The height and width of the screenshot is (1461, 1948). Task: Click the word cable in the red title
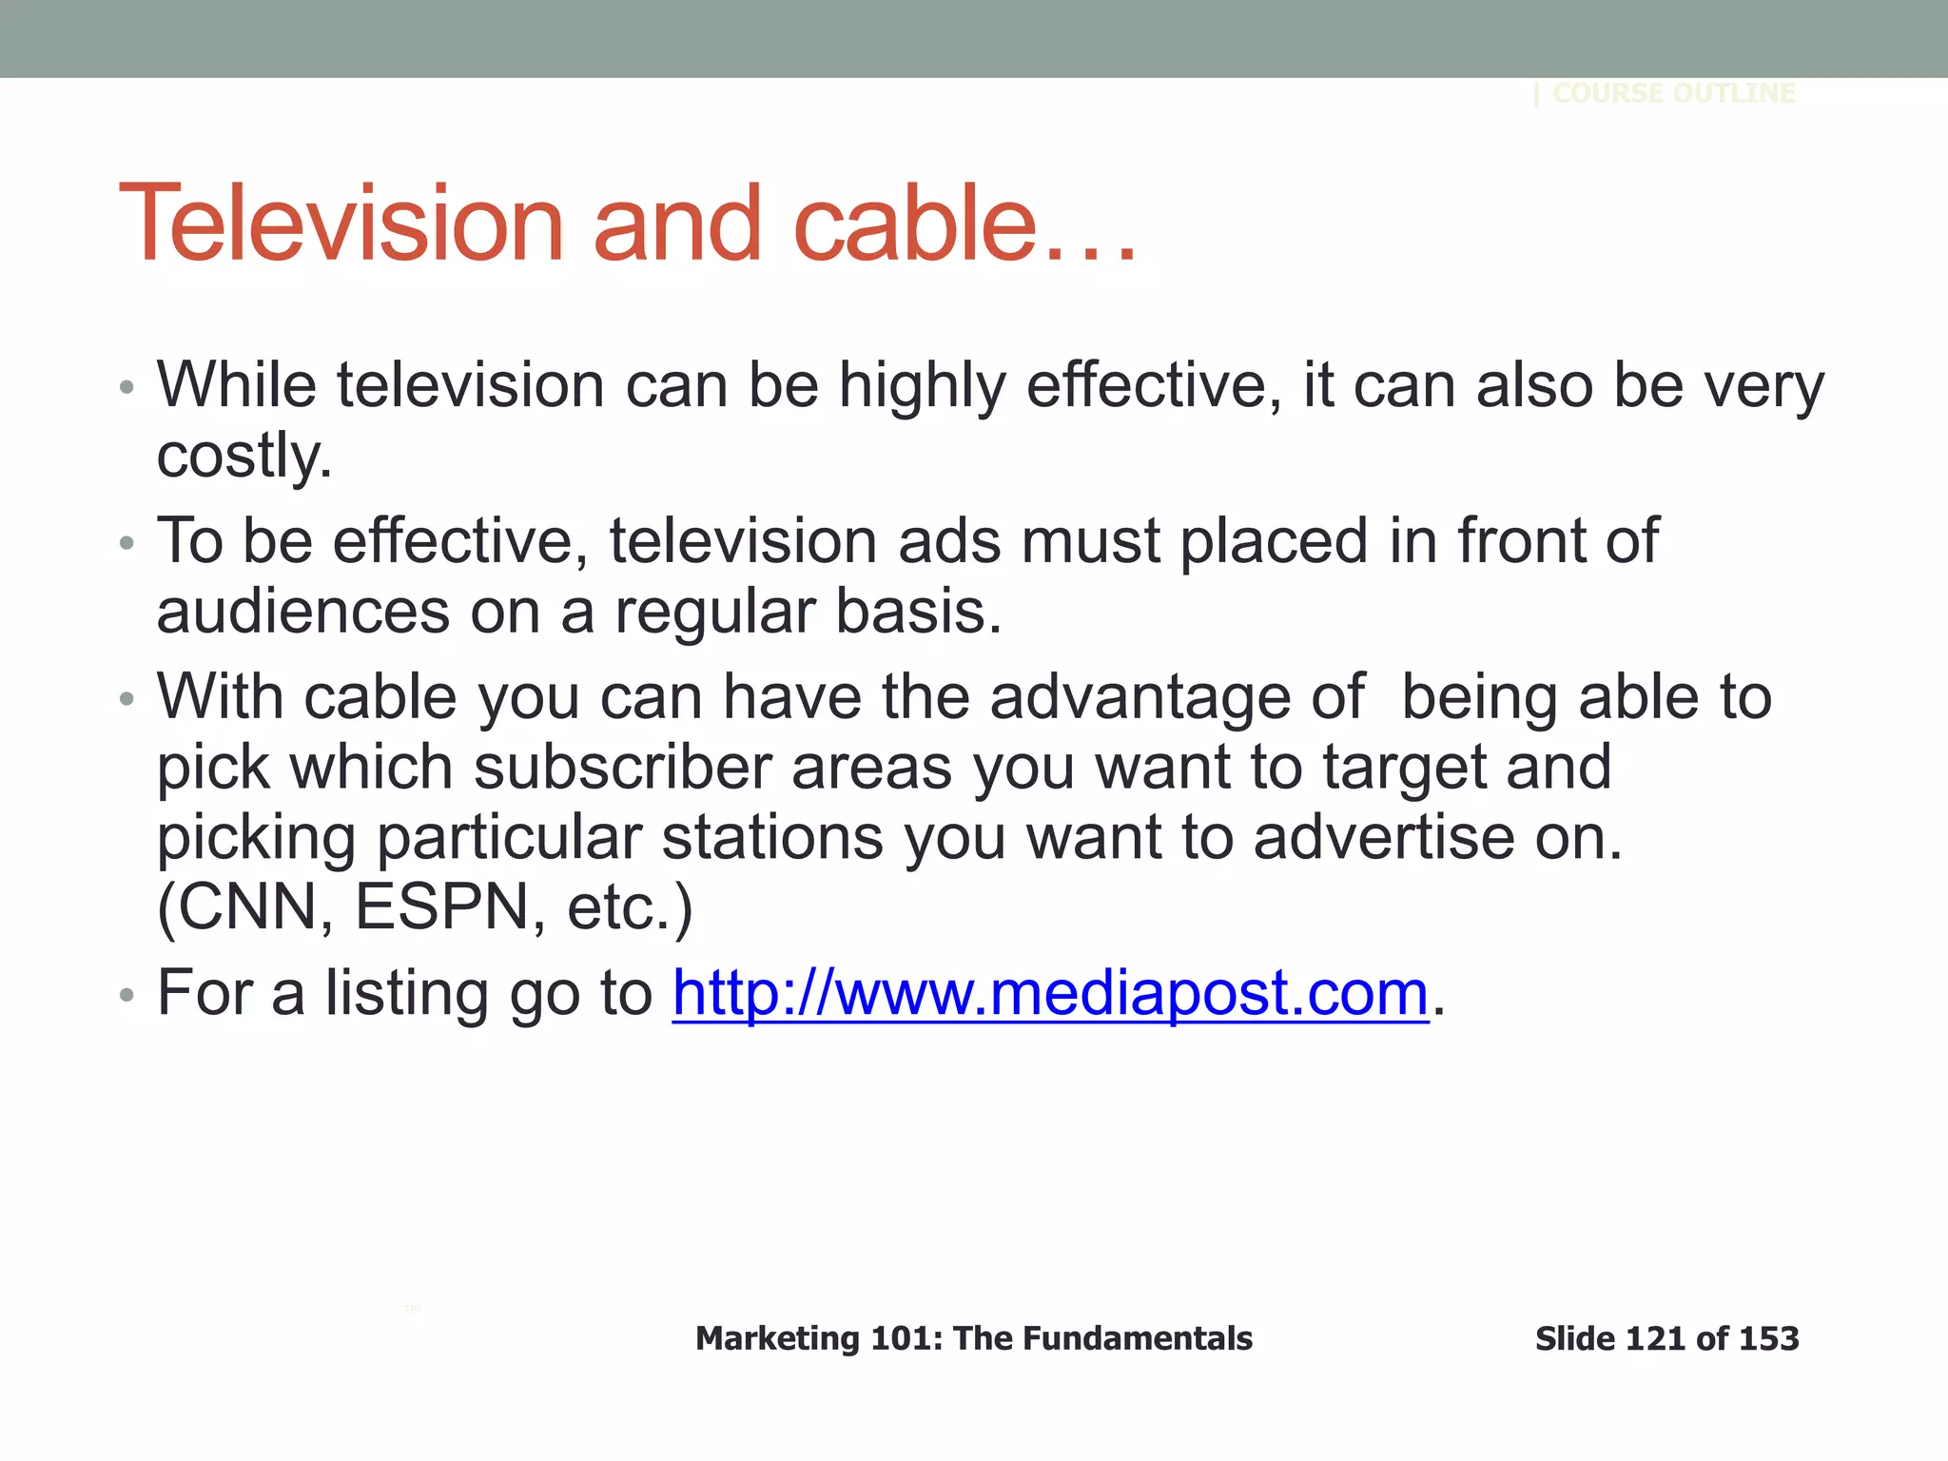913,224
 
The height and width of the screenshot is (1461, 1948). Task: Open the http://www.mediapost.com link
1050,993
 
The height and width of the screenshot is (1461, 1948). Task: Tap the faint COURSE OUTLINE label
1673,93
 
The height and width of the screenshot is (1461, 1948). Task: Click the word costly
244,457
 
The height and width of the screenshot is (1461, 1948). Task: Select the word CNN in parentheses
245,907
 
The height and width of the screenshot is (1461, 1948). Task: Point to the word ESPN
441,907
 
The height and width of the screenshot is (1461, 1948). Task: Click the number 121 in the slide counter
1656,1338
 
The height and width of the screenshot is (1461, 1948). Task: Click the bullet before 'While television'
127,388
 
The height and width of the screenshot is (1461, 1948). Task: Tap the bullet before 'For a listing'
127,996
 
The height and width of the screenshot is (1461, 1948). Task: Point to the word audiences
303,613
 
